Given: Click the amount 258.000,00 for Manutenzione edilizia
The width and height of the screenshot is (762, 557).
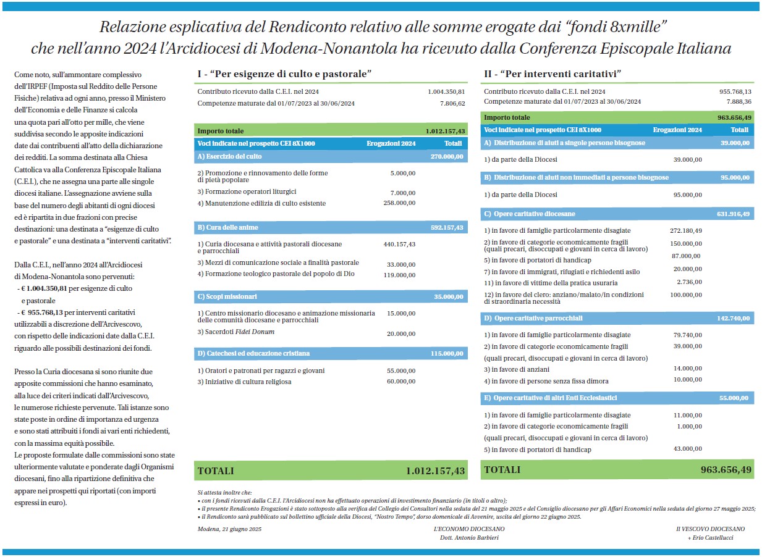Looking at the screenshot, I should (399, 203).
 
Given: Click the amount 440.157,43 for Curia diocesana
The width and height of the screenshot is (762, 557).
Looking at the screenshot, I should (399, 245).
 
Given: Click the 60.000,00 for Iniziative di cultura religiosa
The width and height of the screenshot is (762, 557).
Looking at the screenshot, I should (402, 382).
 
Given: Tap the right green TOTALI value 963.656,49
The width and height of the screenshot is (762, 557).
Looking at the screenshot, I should (726, 470).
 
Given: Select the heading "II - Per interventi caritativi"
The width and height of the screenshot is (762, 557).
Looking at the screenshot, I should (552, 74).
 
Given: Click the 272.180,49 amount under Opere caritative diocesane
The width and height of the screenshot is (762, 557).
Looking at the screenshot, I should (685, 230).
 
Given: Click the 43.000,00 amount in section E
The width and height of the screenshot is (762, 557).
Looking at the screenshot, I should (687, 449).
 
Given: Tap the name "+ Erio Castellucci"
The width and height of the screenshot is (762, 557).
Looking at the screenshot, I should (711, 537).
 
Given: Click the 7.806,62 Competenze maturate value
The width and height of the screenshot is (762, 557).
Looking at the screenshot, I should (452, 103).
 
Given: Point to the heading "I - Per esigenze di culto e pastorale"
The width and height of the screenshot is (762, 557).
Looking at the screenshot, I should (284, 74).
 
